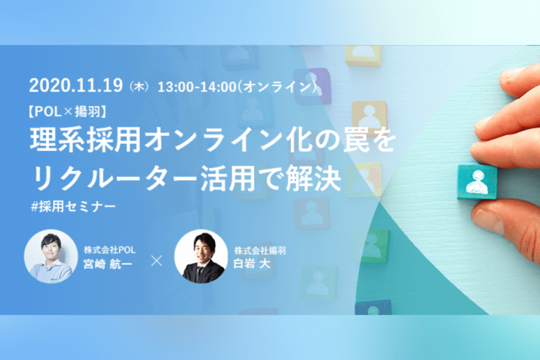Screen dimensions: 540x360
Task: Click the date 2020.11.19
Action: (76, 85)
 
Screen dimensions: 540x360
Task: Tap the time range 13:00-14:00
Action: (197, 87)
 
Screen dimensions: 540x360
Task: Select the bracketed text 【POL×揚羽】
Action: (67, 111)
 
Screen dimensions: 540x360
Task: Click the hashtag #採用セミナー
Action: (73, 207)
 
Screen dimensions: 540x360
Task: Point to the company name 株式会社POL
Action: (110, 249)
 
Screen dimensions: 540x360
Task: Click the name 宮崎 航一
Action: (108, 264)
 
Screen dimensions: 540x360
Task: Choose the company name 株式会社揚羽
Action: (260, 250)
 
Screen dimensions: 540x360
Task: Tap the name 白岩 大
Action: (252, 264)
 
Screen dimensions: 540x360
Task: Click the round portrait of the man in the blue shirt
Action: (51, 256)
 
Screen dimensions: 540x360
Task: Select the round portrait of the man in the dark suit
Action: (201, 256)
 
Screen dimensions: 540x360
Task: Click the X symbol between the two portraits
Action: (157, 261)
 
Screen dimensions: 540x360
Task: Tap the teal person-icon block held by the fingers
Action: (477, 182)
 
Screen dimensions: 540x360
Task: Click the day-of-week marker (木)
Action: (139, 86)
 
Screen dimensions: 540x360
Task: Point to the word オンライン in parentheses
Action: (277, 86)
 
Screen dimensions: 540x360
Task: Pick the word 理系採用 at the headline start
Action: (86, 140)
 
